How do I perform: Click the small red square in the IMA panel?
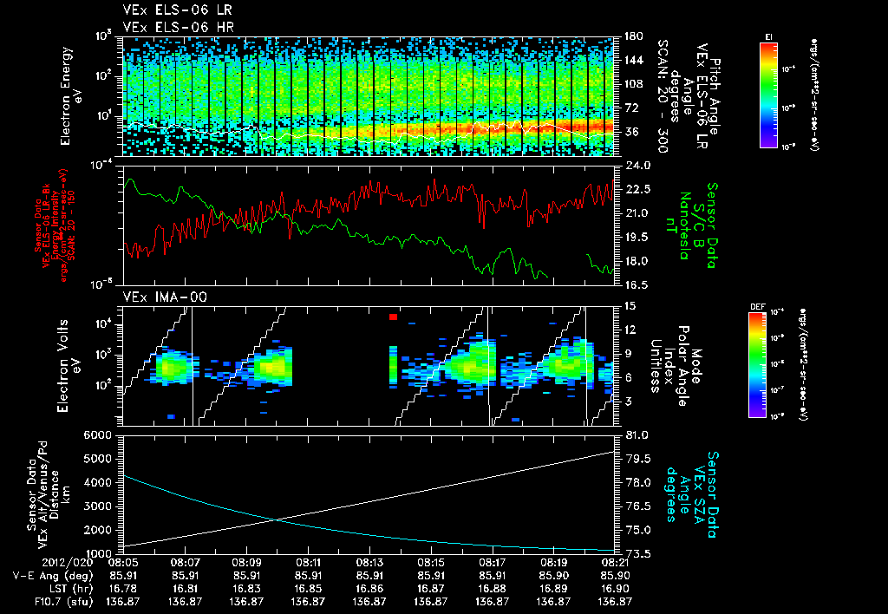393,317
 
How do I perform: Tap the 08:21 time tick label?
614,562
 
